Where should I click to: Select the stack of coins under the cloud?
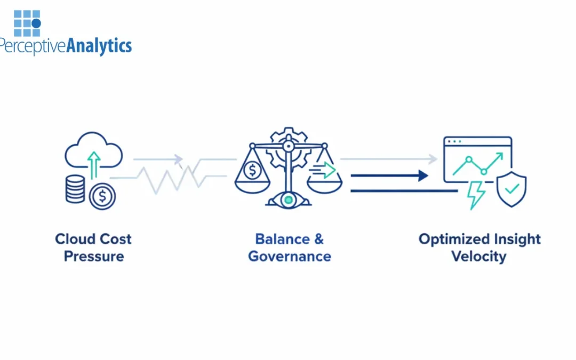coord(75,189)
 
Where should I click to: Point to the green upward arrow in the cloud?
coord(94,164)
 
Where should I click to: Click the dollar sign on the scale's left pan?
coord(252,171)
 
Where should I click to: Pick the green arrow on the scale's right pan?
coord(326,170)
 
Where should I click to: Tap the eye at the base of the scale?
coord(288,199)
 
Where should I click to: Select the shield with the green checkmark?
coord(511,189)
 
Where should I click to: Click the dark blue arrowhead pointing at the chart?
coord(423,175)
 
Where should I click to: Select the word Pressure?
coord(93,256)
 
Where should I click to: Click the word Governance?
coord(290,256)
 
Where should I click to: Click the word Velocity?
coord(478,256)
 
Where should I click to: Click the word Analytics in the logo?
coord(99,46)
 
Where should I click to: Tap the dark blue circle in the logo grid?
coord(36,23)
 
